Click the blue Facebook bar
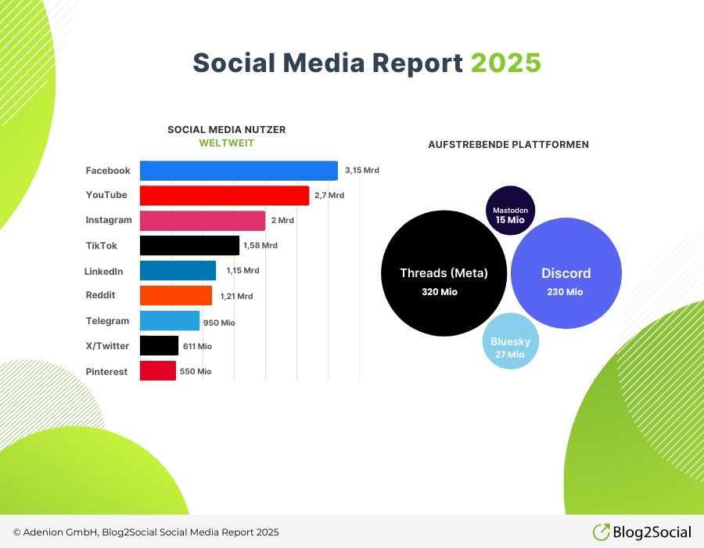239,171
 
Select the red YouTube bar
224,196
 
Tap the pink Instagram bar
203,221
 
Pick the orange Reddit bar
176,296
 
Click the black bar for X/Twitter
159,345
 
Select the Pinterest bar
157,370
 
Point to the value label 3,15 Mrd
362,170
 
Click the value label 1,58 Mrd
260,245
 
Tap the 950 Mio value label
219,323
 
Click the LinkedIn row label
104,272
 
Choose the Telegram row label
107,321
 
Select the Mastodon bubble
511,211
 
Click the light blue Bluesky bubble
511,341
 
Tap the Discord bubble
566,273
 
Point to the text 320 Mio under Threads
440,292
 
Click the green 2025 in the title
505,63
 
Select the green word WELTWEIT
226,142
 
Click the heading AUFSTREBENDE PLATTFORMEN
508,145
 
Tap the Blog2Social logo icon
602,532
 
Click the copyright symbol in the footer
17,532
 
